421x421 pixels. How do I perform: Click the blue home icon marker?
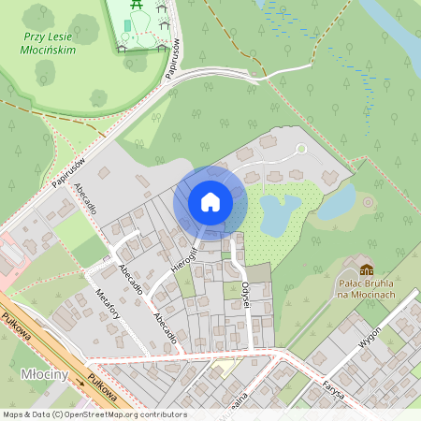pos(210,201)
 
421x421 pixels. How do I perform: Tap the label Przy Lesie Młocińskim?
pos(46,45)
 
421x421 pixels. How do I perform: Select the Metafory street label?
pos(110,305)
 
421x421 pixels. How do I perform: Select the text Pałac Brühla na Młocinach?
pos(366,287)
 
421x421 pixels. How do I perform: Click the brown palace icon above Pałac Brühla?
pos(366,270)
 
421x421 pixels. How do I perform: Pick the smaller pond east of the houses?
pos(339,199)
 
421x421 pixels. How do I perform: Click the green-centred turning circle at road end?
pos(300,148)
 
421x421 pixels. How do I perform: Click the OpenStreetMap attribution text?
pos(94,414)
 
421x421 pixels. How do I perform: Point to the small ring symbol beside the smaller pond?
pos(368,201)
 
